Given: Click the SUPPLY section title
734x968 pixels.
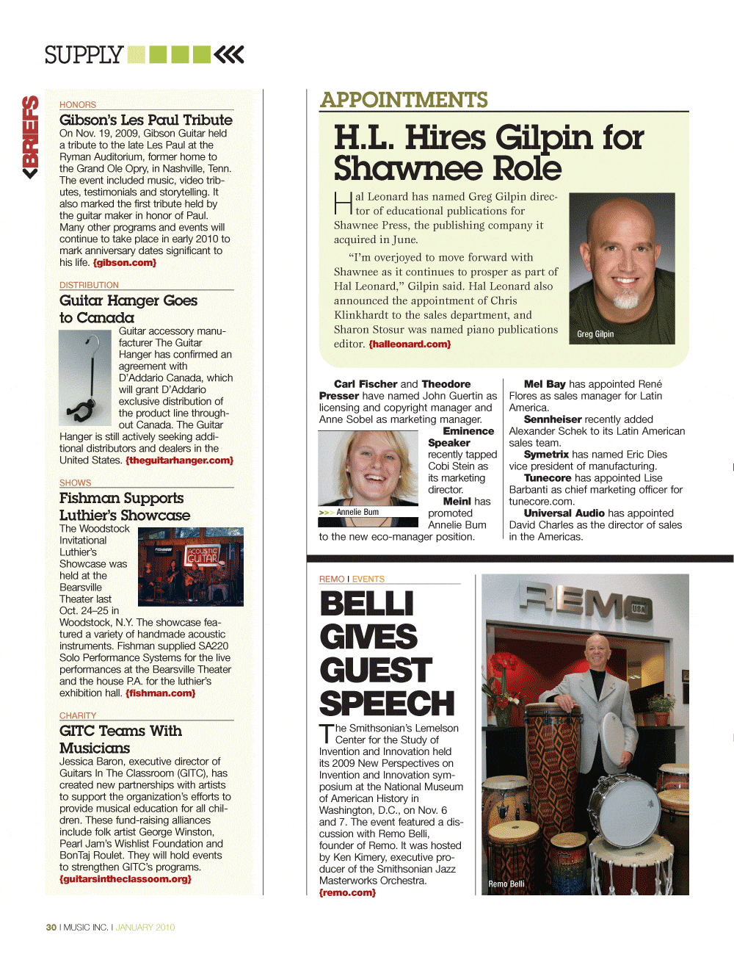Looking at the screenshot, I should coord(84,55).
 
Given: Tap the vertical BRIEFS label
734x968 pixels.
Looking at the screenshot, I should coord(30,137).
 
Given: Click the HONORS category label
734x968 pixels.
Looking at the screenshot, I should coord(78,105).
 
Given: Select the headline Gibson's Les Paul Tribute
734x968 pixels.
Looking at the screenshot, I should coord(145,120).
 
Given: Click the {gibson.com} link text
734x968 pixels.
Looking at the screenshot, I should coord(125,263).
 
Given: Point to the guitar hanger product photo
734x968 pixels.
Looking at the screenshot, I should coord(85,378).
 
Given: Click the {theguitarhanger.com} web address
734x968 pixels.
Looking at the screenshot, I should coord(179,460).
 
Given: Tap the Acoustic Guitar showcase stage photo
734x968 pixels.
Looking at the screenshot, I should coord(191,566).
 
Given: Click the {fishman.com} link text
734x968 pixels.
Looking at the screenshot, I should coord(160,693).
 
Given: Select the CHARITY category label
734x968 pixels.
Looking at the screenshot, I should coord(78,715).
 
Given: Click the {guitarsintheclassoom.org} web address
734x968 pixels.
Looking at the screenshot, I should coord(126,879).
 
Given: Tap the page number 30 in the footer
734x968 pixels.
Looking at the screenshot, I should coord(51,928).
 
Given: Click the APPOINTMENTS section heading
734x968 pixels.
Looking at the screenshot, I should coord(404,100).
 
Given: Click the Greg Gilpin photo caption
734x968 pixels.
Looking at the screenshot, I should coord(595,334).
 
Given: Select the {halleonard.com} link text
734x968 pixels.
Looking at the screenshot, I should coord(410,344).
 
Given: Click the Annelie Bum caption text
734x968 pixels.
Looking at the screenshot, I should coord(357,512).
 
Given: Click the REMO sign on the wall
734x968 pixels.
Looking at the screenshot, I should coord(584,603).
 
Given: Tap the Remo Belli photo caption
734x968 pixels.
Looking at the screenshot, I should coord(506,884).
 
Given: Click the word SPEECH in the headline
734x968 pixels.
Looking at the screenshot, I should coord(387,704).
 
